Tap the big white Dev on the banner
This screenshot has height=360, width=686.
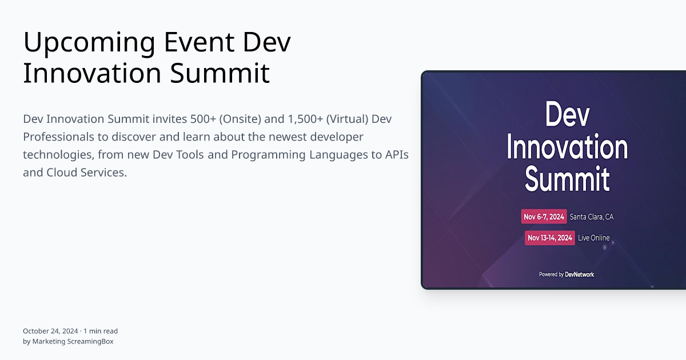pos(567,115)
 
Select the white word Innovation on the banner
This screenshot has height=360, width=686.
pos(567,147)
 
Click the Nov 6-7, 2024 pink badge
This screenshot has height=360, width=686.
pos(544,217)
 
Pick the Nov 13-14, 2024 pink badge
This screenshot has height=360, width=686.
pos(549,238)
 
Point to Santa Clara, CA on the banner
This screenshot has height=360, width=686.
pos(592,217)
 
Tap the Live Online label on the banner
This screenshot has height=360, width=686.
pos(594,238)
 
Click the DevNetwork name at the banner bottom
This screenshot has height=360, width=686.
pos(579,274)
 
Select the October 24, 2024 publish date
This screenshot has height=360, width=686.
pos(51,331)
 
